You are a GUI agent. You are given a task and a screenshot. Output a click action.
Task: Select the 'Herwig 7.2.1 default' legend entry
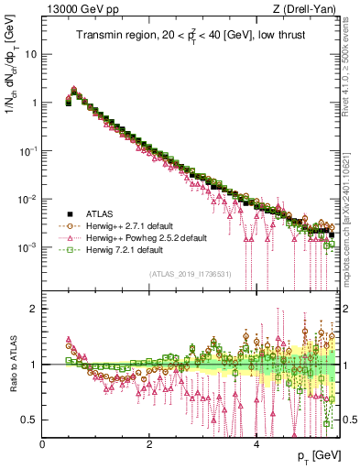[117, 249]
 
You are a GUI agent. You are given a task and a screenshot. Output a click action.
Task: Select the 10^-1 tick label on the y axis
[28, 151]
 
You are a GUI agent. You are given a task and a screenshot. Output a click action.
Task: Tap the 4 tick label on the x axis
[256, 442]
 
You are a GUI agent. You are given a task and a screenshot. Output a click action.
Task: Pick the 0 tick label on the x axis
[42, 442]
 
